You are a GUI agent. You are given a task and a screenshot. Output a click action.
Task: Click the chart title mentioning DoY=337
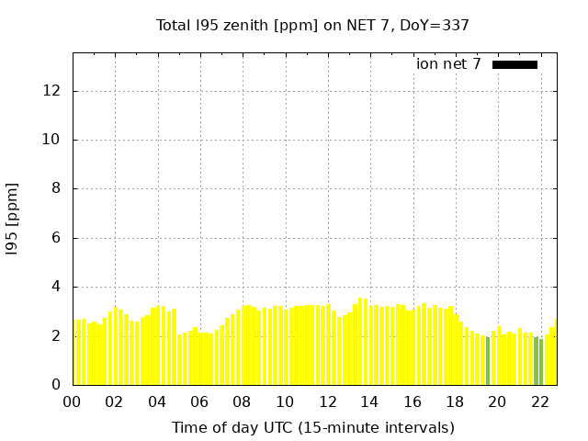click(312, 26)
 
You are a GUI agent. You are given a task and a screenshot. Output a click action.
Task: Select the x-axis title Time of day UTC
click(312, 427)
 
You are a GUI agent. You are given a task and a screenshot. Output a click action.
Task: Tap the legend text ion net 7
click(448, 64)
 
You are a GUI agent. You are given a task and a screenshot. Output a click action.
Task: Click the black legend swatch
click(514, 64)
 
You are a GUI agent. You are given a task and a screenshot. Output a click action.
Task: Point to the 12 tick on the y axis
click(52, 91)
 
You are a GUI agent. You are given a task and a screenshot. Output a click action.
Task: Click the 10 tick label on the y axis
click(52, 140)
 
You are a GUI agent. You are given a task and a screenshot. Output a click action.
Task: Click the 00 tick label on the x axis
click(72, 401)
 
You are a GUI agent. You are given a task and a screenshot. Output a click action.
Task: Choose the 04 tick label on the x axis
click(157, 401)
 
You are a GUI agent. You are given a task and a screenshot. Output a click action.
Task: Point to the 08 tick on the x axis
click(242, 401)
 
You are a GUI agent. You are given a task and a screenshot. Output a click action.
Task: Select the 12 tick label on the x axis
click(327, 401)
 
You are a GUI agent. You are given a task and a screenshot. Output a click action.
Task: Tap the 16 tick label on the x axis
click(413, 401)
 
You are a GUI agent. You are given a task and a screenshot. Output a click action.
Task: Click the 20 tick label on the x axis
click(497, 401)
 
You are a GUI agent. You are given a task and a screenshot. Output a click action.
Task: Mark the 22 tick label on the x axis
click(540, 401)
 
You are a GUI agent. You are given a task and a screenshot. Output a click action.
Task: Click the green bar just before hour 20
click(488, 361)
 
